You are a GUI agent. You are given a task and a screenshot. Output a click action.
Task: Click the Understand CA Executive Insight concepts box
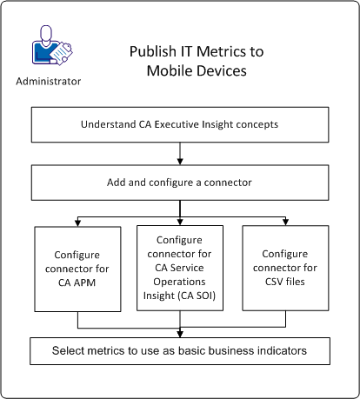point(179,124)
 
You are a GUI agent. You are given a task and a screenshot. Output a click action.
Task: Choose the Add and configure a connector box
point(179,183)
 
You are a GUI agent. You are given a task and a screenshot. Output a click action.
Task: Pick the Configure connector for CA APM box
point(78,269)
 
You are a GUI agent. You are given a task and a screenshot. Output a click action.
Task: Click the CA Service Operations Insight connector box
point(179,269)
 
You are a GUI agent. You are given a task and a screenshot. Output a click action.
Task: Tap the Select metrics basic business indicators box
point(179,351)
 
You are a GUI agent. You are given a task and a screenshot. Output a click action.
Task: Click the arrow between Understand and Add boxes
point(179,153)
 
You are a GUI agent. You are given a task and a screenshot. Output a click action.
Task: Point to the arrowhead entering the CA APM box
point(78,221)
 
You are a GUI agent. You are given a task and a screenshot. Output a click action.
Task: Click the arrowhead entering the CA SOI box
point(179,221)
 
